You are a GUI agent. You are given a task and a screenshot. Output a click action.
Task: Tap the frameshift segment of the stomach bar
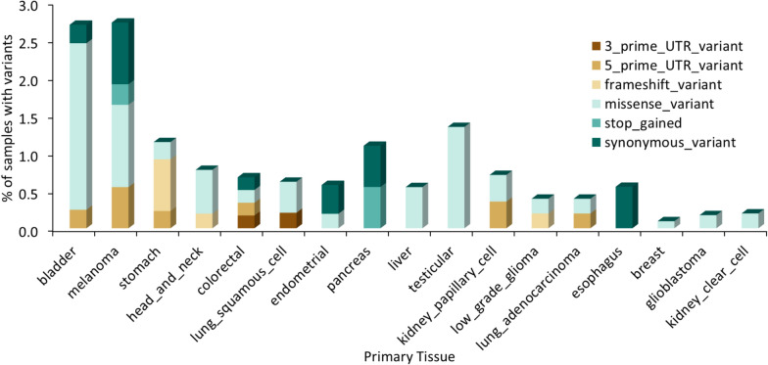(163, 184)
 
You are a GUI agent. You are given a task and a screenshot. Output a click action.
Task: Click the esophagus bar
(626, 207)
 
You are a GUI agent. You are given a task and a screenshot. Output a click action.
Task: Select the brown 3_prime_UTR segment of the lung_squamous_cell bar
(289, 220)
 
